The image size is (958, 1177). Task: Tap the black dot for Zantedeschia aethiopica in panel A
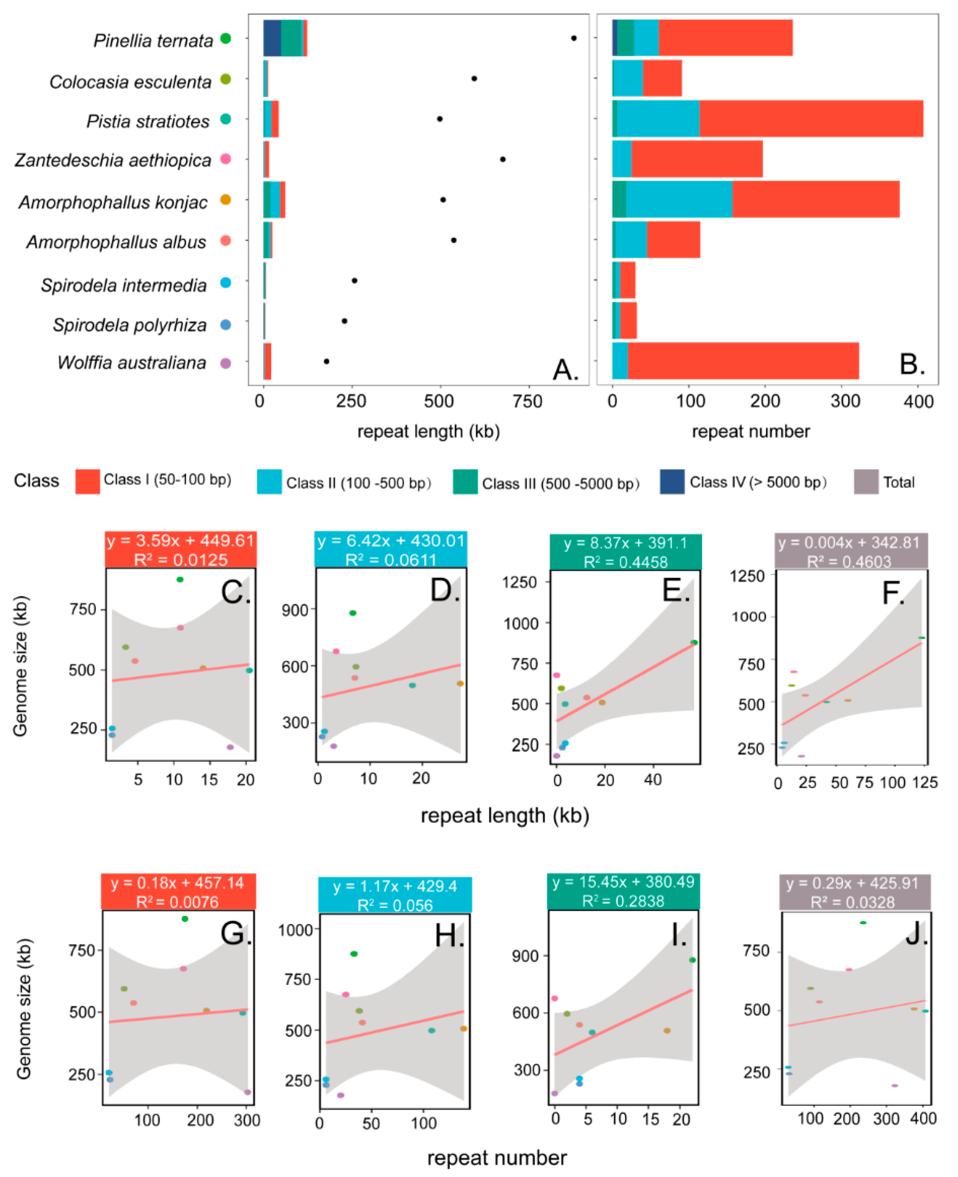[x=502, y=159]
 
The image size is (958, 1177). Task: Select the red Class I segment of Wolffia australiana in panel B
[x=743, y=361]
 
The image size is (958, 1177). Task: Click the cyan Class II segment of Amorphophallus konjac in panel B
[x=679, y=199]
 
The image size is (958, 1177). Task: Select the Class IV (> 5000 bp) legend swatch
[x=672, y=482]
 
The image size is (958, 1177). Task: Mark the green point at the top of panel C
[x=180, y=579]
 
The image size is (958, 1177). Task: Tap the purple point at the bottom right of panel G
[x=247, y=1092]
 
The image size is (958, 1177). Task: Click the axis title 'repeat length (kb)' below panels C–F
[x=504, y=815]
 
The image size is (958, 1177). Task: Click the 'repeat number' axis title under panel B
[x=751, y=432]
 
